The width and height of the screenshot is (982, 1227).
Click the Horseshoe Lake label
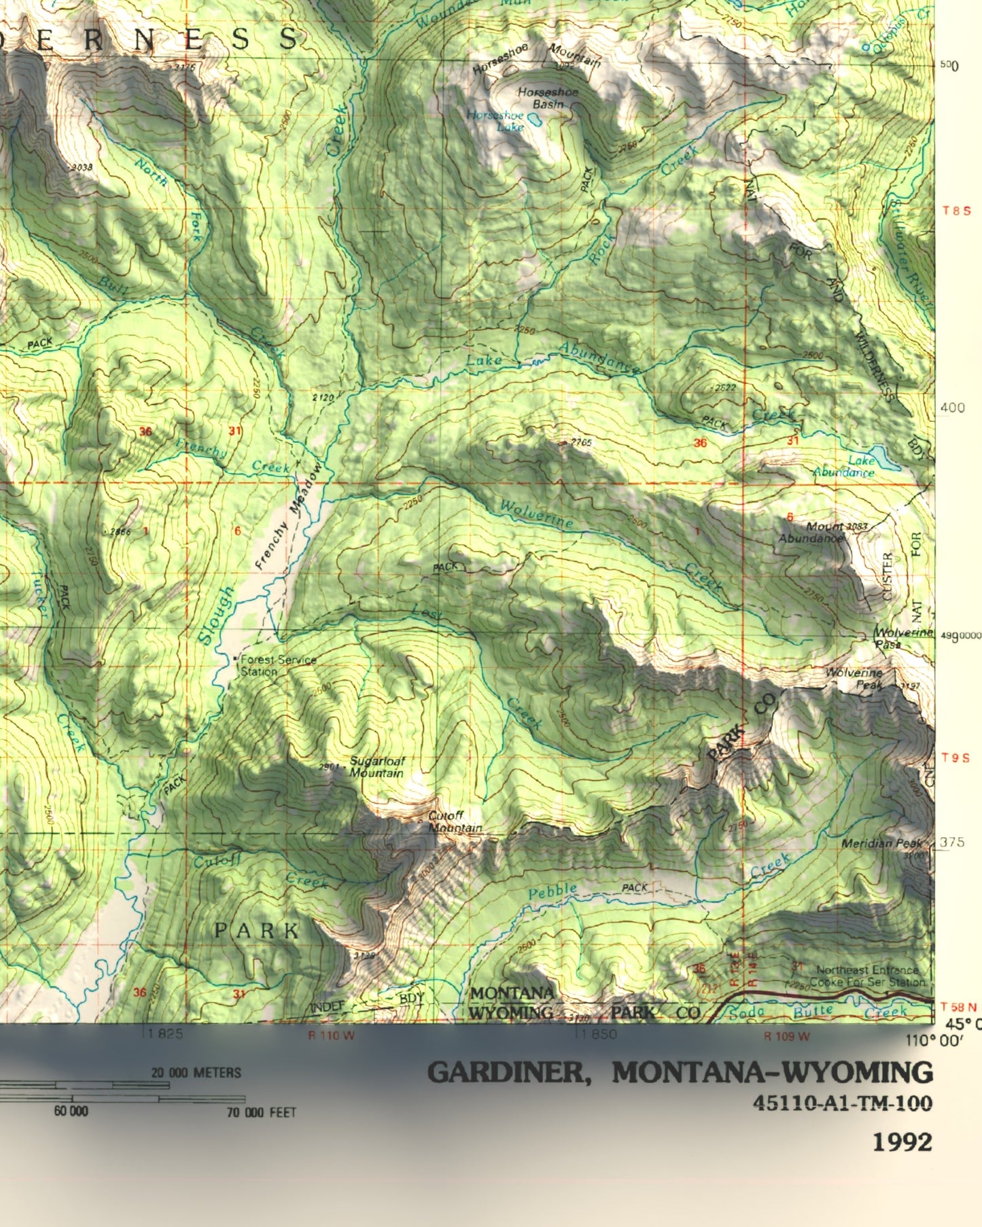coord(495,121)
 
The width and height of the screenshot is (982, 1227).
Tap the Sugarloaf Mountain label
coord(376,767)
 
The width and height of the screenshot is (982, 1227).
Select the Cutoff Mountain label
coord(455,821)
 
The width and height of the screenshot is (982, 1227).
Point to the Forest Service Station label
coord(277,665)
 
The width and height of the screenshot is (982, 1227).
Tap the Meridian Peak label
coord(881,843)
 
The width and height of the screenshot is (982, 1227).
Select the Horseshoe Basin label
coord(548,98)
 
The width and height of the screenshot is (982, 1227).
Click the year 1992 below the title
coord(902,1142)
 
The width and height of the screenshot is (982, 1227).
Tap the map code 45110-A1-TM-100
coord(842,1103)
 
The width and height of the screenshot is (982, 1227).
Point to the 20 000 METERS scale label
coord(196,1073)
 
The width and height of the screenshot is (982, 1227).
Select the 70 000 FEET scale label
coord(262,1112)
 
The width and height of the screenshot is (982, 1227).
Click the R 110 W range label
coord(331,1036)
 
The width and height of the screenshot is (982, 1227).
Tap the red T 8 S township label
coord(956,211)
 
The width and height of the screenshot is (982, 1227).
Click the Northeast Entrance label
coord(866,970)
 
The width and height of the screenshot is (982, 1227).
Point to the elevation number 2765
coord(581,442)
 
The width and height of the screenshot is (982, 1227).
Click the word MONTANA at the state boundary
coord(512,993)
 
